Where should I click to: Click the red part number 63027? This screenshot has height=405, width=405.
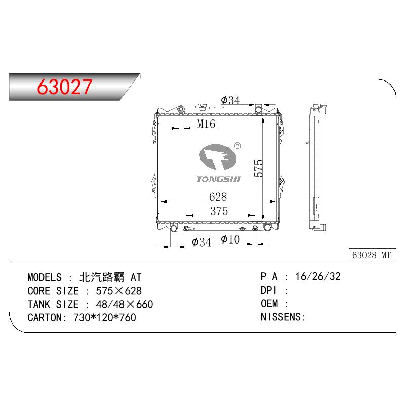tap(65, 87)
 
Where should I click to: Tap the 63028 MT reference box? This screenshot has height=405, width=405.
tap(372, 255)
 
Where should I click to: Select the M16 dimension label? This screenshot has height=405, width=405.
tap(206, 124)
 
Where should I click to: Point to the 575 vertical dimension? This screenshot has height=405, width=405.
tap(258, 168)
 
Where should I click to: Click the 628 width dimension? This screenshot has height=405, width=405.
tap(218, 197)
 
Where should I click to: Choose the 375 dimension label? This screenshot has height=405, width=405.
tap(219, 211)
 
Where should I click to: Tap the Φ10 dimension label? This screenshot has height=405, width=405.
tap(230, 239)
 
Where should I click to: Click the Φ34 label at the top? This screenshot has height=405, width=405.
tap(230, 100)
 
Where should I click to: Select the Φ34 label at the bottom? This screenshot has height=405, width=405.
tap(201, 242)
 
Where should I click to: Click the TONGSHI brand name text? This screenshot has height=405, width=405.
tap(219, 179)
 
